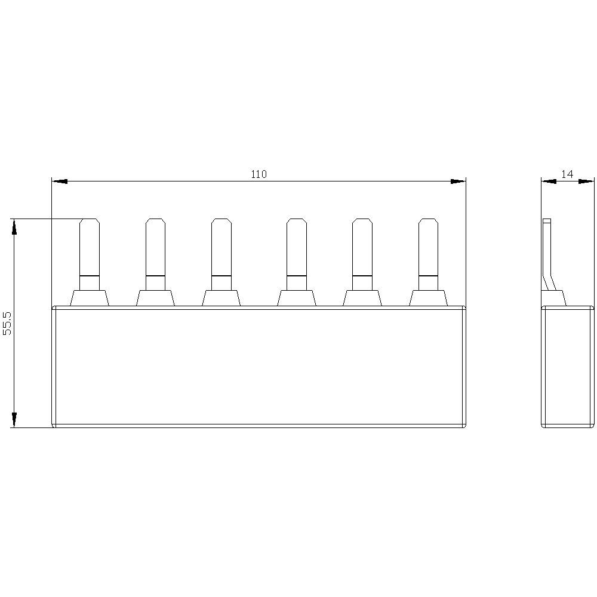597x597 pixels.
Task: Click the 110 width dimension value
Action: (x=259, y=174)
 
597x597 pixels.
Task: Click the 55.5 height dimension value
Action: (x=8, y=323)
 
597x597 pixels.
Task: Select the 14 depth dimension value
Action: (x=567, y=174)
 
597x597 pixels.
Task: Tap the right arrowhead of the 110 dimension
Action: (x=458, y=181)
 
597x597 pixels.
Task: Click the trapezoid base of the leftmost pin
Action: (x=90, y=298)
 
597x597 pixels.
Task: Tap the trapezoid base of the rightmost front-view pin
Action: (x=428, y=298)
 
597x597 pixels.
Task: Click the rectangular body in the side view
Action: (x=568, y=367)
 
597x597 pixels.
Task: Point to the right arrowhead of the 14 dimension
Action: (x=588, y=181)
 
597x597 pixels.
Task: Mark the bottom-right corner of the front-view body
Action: (x=464, y=426)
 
